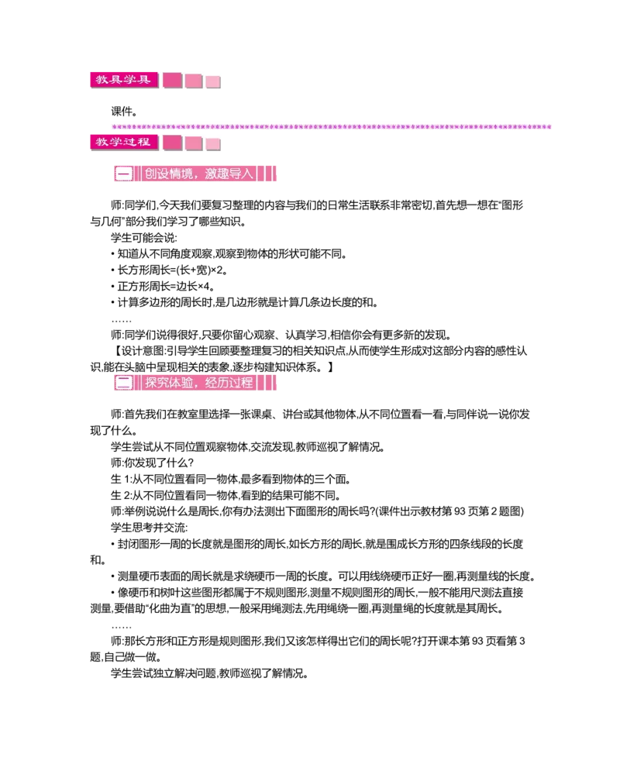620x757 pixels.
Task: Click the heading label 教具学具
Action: coord(123,80)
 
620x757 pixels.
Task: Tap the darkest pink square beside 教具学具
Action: coord(172,81)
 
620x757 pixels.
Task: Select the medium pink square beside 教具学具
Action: coord(193,81)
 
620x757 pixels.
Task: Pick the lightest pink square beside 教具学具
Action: coord(213,82)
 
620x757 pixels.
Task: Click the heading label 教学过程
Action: coord(123,142)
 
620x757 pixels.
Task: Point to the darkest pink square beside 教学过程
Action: coord(172,143)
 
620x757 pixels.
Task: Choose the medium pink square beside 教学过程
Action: coord(193,143)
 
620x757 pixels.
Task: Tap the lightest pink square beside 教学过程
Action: coord(213,144)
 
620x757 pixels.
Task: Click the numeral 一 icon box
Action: coord(123,174)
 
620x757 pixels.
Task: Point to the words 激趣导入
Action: coord(231,174)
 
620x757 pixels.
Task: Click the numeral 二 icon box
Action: coord(123,382)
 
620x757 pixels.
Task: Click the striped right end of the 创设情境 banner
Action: coord(267,174)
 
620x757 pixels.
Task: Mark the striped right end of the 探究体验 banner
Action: coord(267,382)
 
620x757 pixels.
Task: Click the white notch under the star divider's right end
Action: coord(552,132)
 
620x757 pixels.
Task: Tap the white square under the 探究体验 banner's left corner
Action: coord(115,394)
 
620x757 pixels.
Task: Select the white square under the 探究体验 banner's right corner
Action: coord(276,394)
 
